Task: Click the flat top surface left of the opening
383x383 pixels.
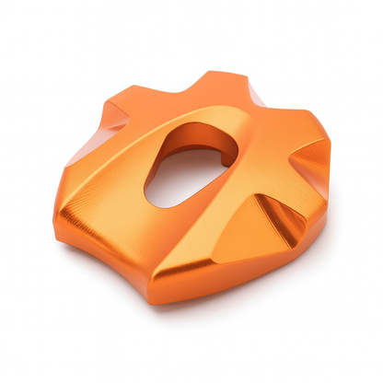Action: tap(120, 157)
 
